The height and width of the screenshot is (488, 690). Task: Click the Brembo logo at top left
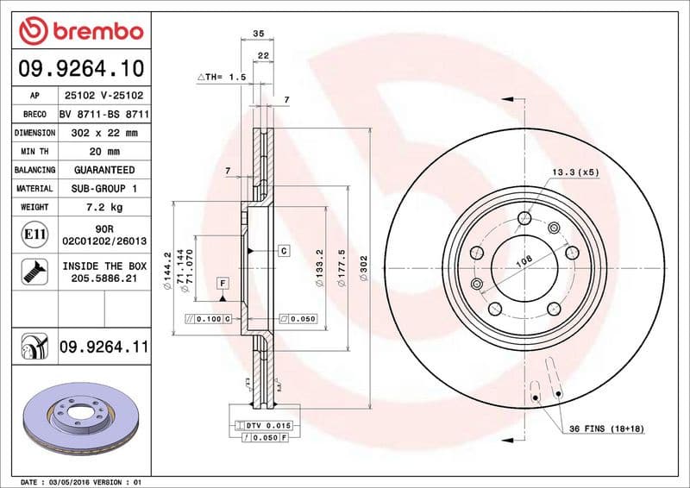click(x=79, y=32)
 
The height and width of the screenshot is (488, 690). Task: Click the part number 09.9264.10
click(x=79, y=68)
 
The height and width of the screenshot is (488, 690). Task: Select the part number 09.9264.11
click(x=103, y=347)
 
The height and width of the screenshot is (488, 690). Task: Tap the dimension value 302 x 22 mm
click(x=103, y=133)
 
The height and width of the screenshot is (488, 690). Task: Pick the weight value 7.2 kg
click(x=103, y=207)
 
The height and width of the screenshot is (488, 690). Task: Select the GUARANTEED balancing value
click(x=103, y=170)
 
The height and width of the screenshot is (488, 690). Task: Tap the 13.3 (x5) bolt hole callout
click(x=575, y=172)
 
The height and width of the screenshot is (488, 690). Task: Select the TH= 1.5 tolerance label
click(x=223, y=78)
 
